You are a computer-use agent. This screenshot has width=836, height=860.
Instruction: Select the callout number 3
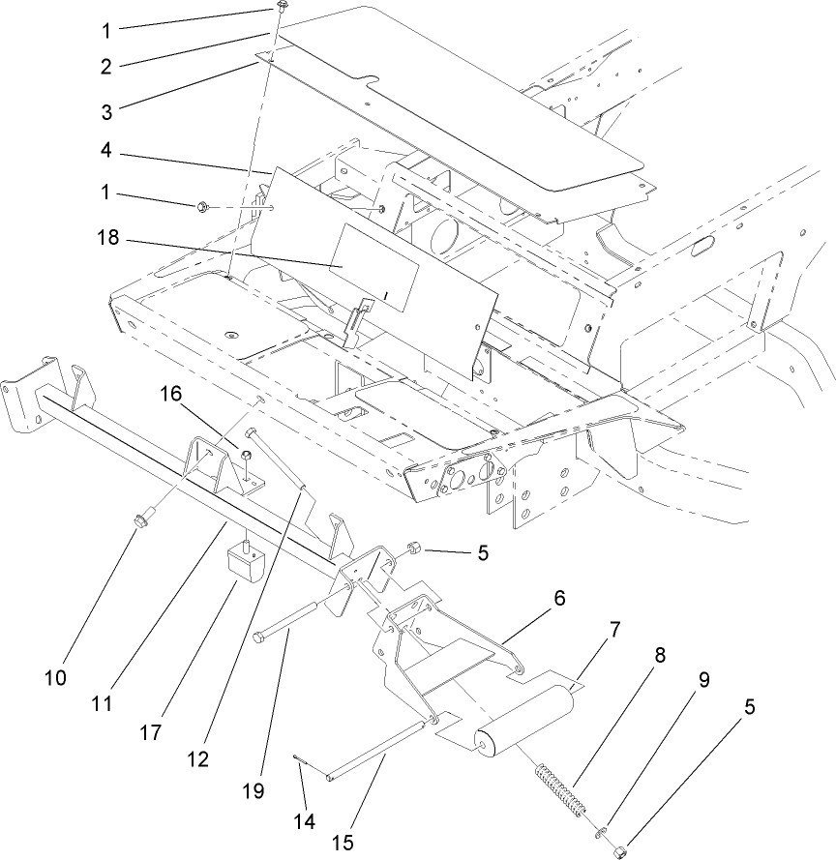click(x=107, y=111)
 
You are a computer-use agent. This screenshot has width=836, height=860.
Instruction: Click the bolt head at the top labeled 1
click(x=277, y=9)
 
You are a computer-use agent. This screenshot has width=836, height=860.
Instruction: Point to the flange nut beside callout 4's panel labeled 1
click(x=203, y=206)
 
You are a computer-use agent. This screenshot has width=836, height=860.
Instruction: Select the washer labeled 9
click(x=600, y=831)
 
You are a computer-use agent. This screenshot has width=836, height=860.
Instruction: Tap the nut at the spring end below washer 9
click(x=615, y=851)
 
